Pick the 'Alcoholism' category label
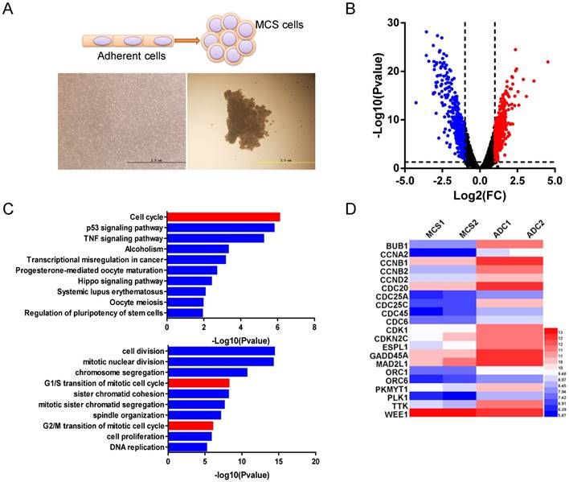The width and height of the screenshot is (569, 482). (144, 249)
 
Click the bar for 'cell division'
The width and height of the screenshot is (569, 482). (221, 351)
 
